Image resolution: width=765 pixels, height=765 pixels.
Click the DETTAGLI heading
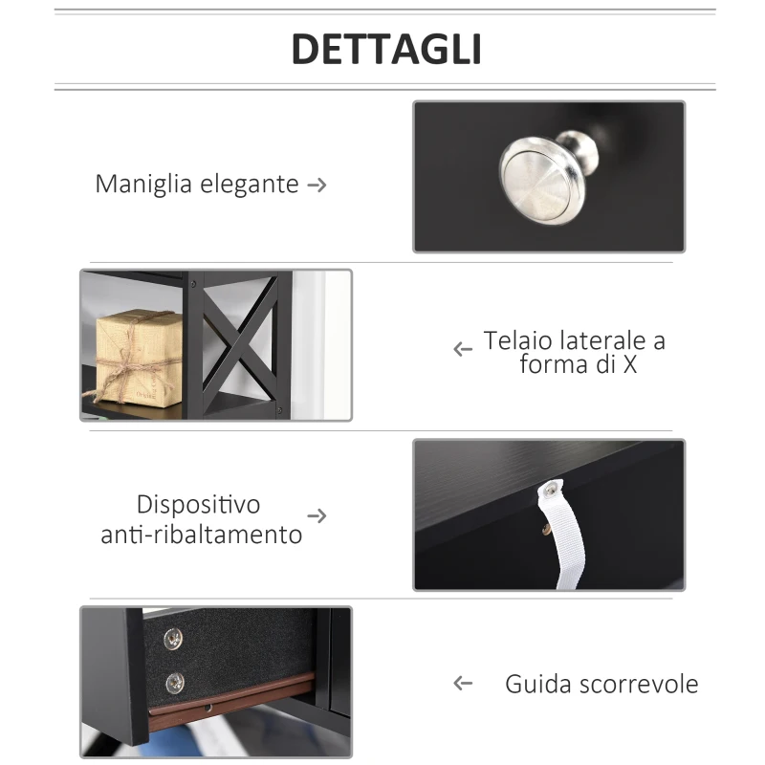tap(385, 49)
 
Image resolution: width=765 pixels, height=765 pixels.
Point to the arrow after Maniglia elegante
tap(317, 185)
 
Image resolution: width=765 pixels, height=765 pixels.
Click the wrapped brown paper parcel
tap(139, 356)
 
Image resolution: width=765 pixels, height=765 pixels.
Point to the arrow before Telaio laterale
tap(464, 350)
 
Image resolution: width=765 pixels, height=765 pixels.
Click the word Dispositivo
tap(198, 504)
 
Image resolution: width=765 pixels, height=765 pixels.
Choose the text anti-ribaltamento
tap(201, 535)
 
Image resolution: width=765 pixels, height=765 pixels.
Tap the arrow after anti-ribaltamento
tap(317, 516)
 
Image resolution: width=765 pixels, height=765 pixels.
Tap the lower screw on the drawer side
tap(173, 681)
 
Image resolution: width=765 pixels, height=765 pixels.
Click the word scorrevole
tap(639, 685)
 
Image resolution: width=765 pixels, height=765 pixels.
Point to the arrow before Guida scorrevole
tap(464, 683)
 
